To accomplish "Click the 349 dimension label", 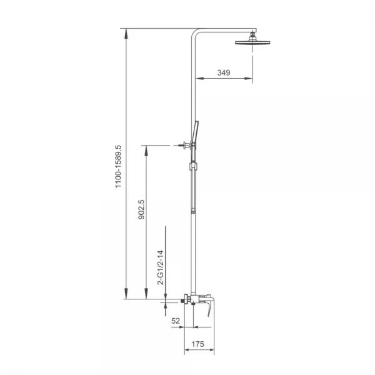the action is pos(224,72).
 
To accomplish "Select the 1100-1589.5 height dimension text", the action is pos(118,166).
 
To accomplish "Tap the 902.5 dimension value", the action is pos(142,209).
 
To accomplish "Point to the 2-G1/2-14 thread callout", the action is pos(161,267).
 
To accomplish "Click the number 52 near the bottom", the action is pos(176,321).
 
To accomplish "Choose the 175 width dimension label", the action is pos(197,344).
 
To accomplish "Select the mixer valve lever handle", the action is pos(209,306).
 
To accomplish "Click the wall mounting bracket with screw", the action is pos(185,145).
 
